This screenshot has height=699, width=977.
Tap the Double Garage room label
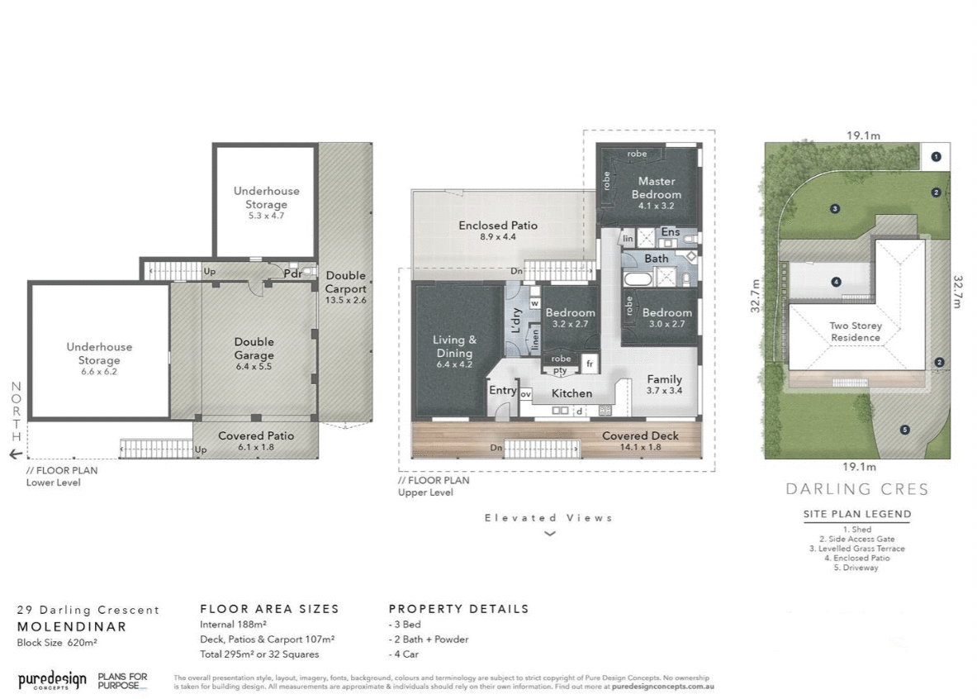pyautogui.click(x=254, y=348)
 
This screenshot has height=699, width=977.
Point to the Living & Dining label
pyautogui.click(x=455, y=345)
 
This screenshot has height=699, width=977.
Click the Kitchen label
pyautogui.click(x=571, y=393)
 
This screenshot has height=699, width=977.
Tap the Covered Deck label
pyautogui.click(x=640, y=435)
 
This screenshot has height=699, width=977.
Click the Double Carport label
pyautogui.click(x=345, y=282)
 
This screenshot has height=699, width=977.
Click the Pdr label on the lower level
pyautogui.click(x=291, y=273)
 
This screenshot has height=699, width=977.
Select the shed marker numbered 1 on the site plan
pyautogui.click(x=936, y=155)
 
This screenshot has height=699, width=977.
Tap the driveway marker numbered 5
pyautogui.click(x=905, y=429)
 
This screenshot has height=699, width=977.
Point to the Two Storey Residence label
pyautogui.click(x=856, y=331)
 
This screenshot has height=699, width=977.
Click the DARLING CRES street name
pyautogui.click(x=856, y=489)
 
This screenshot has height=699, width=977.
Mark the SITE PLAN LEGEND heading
pyautogui.click(x=857, y=514)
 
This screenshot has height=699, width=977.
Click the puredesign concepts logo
pyautogui.click(x=52, y=680)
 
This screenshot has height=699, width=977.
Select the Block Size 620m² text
pyautogui.click(x=57, y=641)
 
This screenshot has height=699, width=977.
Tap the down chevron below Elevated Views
pyautogui.click(x=549, y=534)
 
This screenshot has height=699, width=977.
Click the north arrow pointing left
pyautogui.click(x=16, y=454)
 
